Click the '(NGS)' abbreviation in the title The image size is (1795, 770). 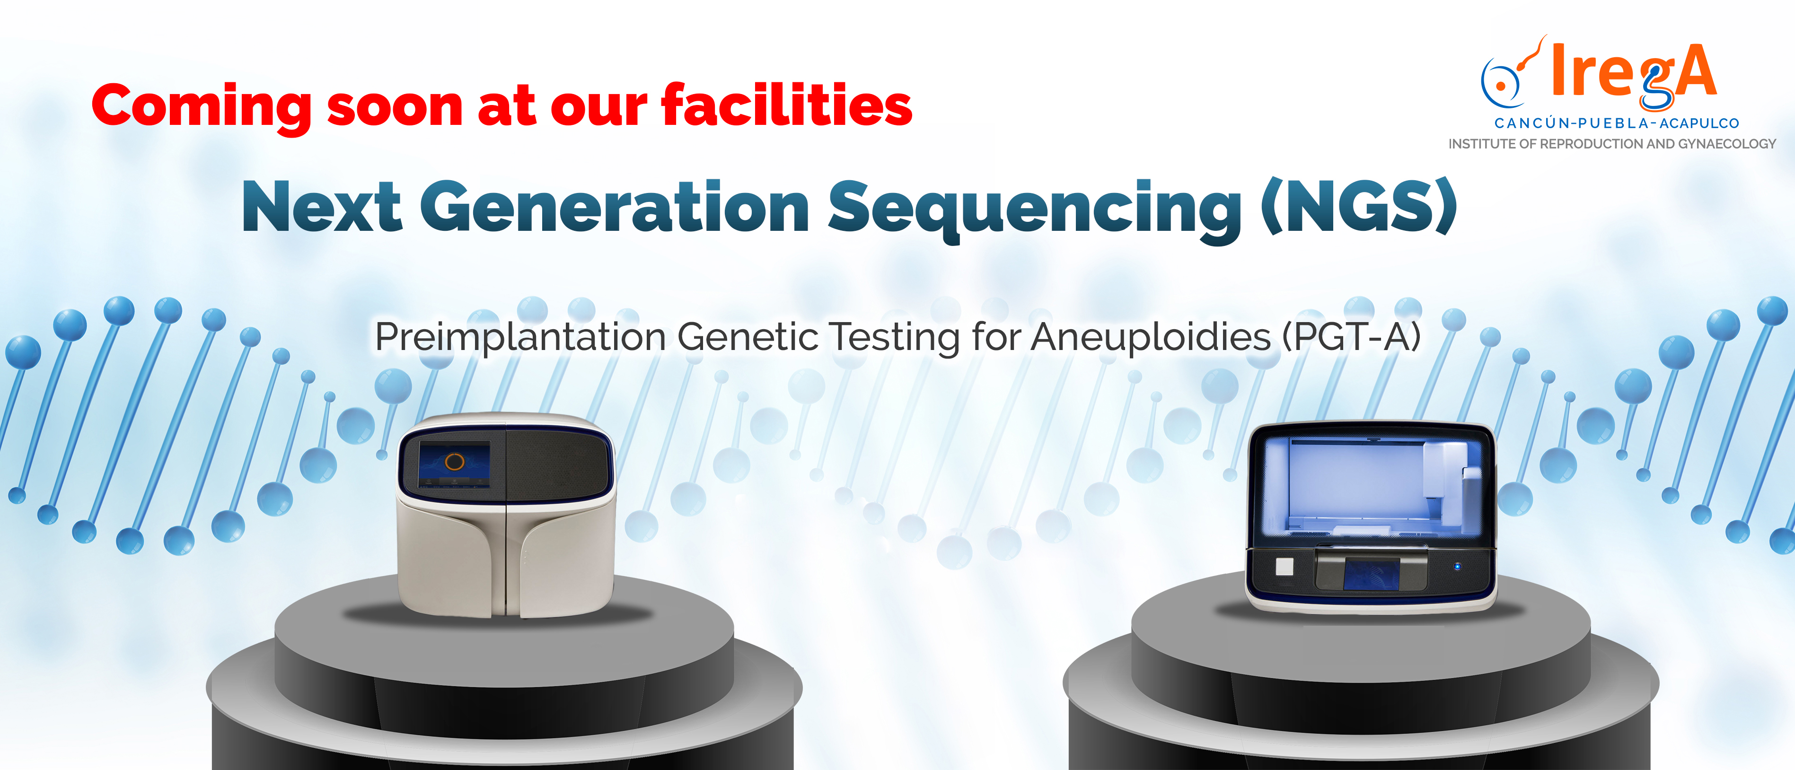tap(1359, 206)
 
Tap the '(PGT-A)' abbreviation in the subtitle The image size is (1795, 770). tap(1352, 337)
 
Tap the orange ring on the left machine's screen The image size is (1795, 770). tap(454, 461)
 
